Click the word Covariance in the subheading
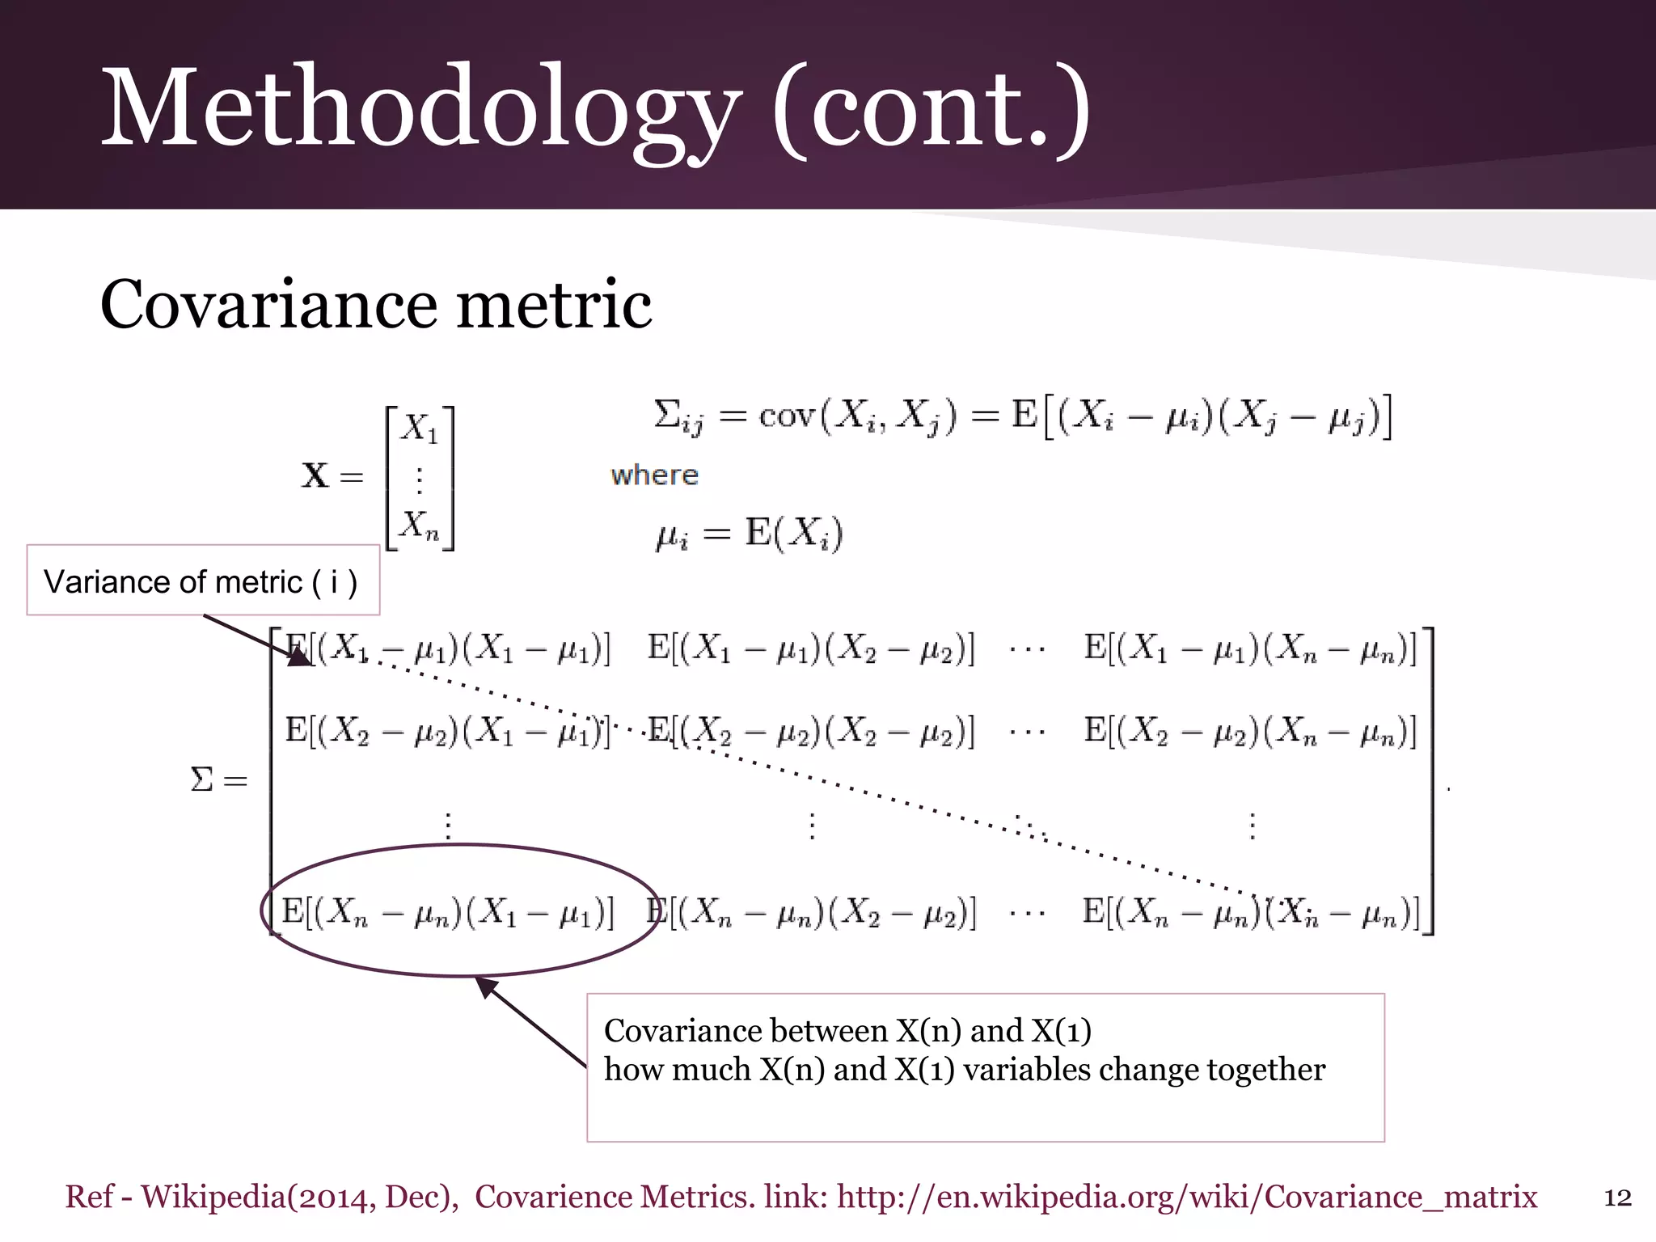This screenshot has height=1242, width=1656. [x=268, y=306]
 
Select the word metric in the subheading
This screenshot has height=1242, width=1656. [x=554, y=306]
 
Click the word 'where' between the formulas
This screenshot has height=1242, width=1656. [x=654, y=475]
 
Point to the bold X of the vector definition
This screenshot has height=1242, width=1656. [x=315, y=475]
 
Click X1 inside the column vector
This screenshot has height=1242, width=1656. [x=420, y=429]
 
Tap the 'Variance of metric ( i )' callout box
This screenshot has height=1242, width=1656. [x=202, y=581]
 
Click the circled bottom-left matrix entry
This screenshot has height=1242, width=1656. [x=447, y=911]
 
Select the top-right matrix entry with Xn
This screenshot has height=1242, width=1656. [x=1250, y=648]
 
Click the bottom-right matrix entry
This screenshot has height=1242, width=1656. [x=1251, y=911]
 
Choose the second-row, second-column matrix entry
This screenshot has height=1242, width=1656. [x=811, y=731]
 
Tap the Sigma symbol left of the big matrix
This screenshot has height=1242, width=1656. [x=201, y=780]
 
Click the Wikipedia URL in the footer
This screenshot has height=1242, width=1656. [x=1186, y=1197]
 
